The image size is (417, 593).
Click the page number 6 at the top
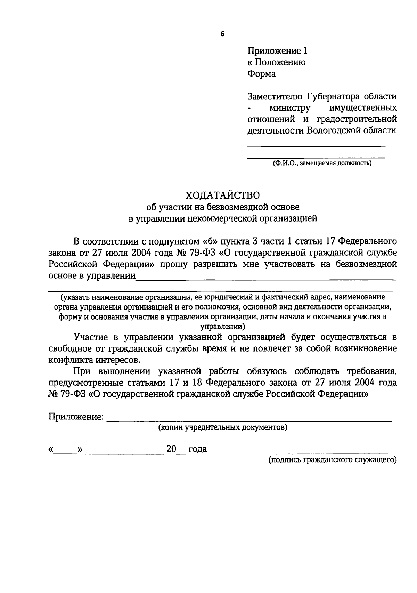tap(222, 34)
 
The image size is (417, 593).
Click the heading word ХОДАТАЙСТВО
tap(222, 194)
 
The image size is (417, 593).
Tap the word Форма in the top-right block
tap(261, 74)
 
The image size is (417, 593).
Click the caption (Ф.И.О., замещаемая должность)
tap(322, 163)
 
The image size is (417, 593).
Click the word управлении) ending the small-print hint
tap(223, 327)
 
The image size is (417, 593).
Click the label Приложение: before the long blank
tap(76, 417)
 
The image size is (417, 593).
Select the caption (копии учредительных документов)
tap(223, 427)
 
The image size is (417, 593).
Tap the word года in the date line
tap(197, 449)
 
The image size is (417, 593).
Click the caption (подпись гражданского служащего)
tap(332, 460)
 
